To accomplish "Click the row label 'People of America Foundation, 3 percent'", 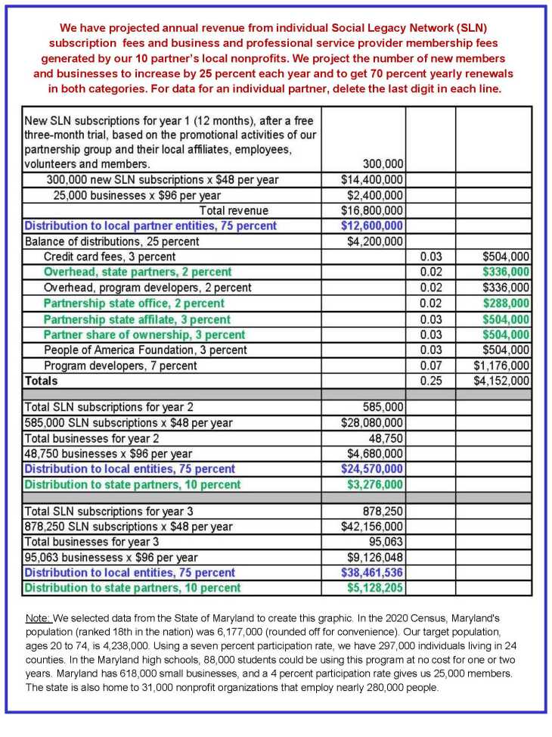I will [145, 350].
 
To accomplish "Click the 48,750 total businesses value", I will [386, 438].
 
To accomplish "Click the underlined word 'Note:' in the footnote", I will [37, 620].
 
